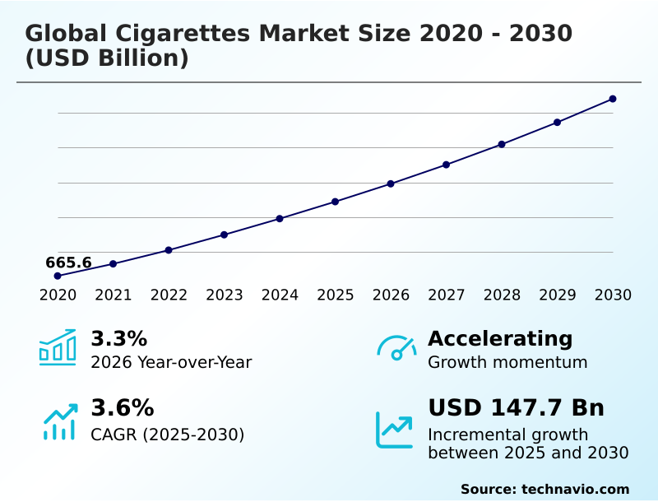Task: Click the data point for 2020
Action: [x=58, y=276]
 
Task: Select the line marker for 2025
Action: [x=336, y=202]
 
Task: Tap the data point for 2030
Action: [x=613, y=99]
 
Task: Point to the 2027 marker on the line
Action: [x=447, y=165]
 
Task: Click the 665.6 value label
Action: [x=68, y=263]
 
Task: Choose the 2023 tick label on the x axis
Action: [x=225, y=295]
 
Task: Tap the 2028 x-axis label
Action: [x=502, y=295]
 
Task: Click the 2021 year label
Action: [x=114, y=295]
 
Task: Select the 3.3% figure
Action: [x=118, y=338]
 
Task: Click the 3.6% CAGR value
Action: [x=122, y=408]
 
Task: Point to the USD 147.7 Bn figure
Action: [x=516, y=408]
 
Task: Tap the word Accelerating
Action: [x=500, y=338]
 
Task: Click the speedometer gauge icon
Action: [x=396, y=348]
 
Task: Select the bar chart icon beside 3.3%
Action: [x=58, y=347]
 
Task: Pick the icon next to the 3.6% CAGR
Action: [x=60, y=421]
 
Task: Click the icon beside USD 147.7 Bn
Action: [x=395, y=430]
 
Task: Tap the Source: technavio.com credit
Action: [x=544, y=489]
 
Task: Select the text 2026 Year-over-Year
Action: [x=171, y=362]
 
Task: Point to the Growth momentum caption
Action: [x=507, y=362]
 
